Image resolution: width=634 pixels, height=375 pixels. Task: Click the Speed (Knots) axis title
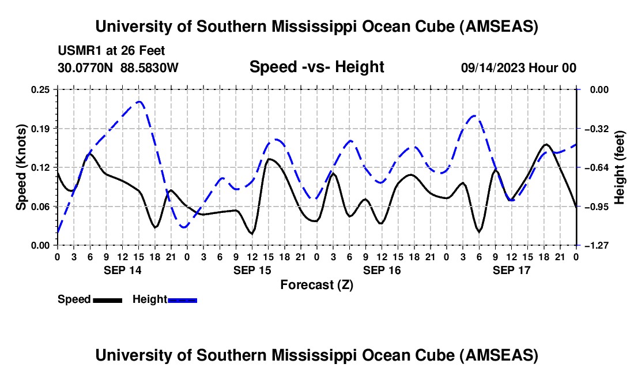pos(21,167)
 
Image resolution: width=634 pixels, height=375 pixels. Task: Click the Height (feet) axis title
pos(620,167)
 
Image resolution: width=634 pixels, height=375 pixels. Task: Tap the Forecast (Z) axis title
pos(316,284)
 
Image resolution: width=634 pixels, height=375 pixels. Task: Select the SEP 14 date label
pos(122,270)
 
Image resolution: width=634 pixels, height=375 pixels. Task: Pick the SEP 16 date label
pos(382,270)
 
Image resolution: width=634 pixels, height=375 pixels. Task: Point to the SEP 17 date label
pos(511,270)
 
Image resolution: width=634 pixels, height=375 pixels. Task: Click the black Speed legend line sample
pos(107,299)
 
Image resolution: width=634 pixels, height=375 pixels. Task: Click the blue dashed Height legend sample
pos(182,299)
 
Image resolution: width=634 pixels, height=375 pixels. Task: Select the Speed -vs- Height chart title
pos(316,67)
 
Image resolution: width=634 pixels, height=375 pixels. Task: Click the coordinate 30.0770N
pos(86,68)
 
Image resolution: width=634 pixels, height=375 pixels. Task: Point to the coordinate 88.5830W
pos(149,68)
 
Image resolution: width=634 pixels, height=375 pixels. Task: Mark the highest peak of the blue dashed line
pos(139,102)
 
